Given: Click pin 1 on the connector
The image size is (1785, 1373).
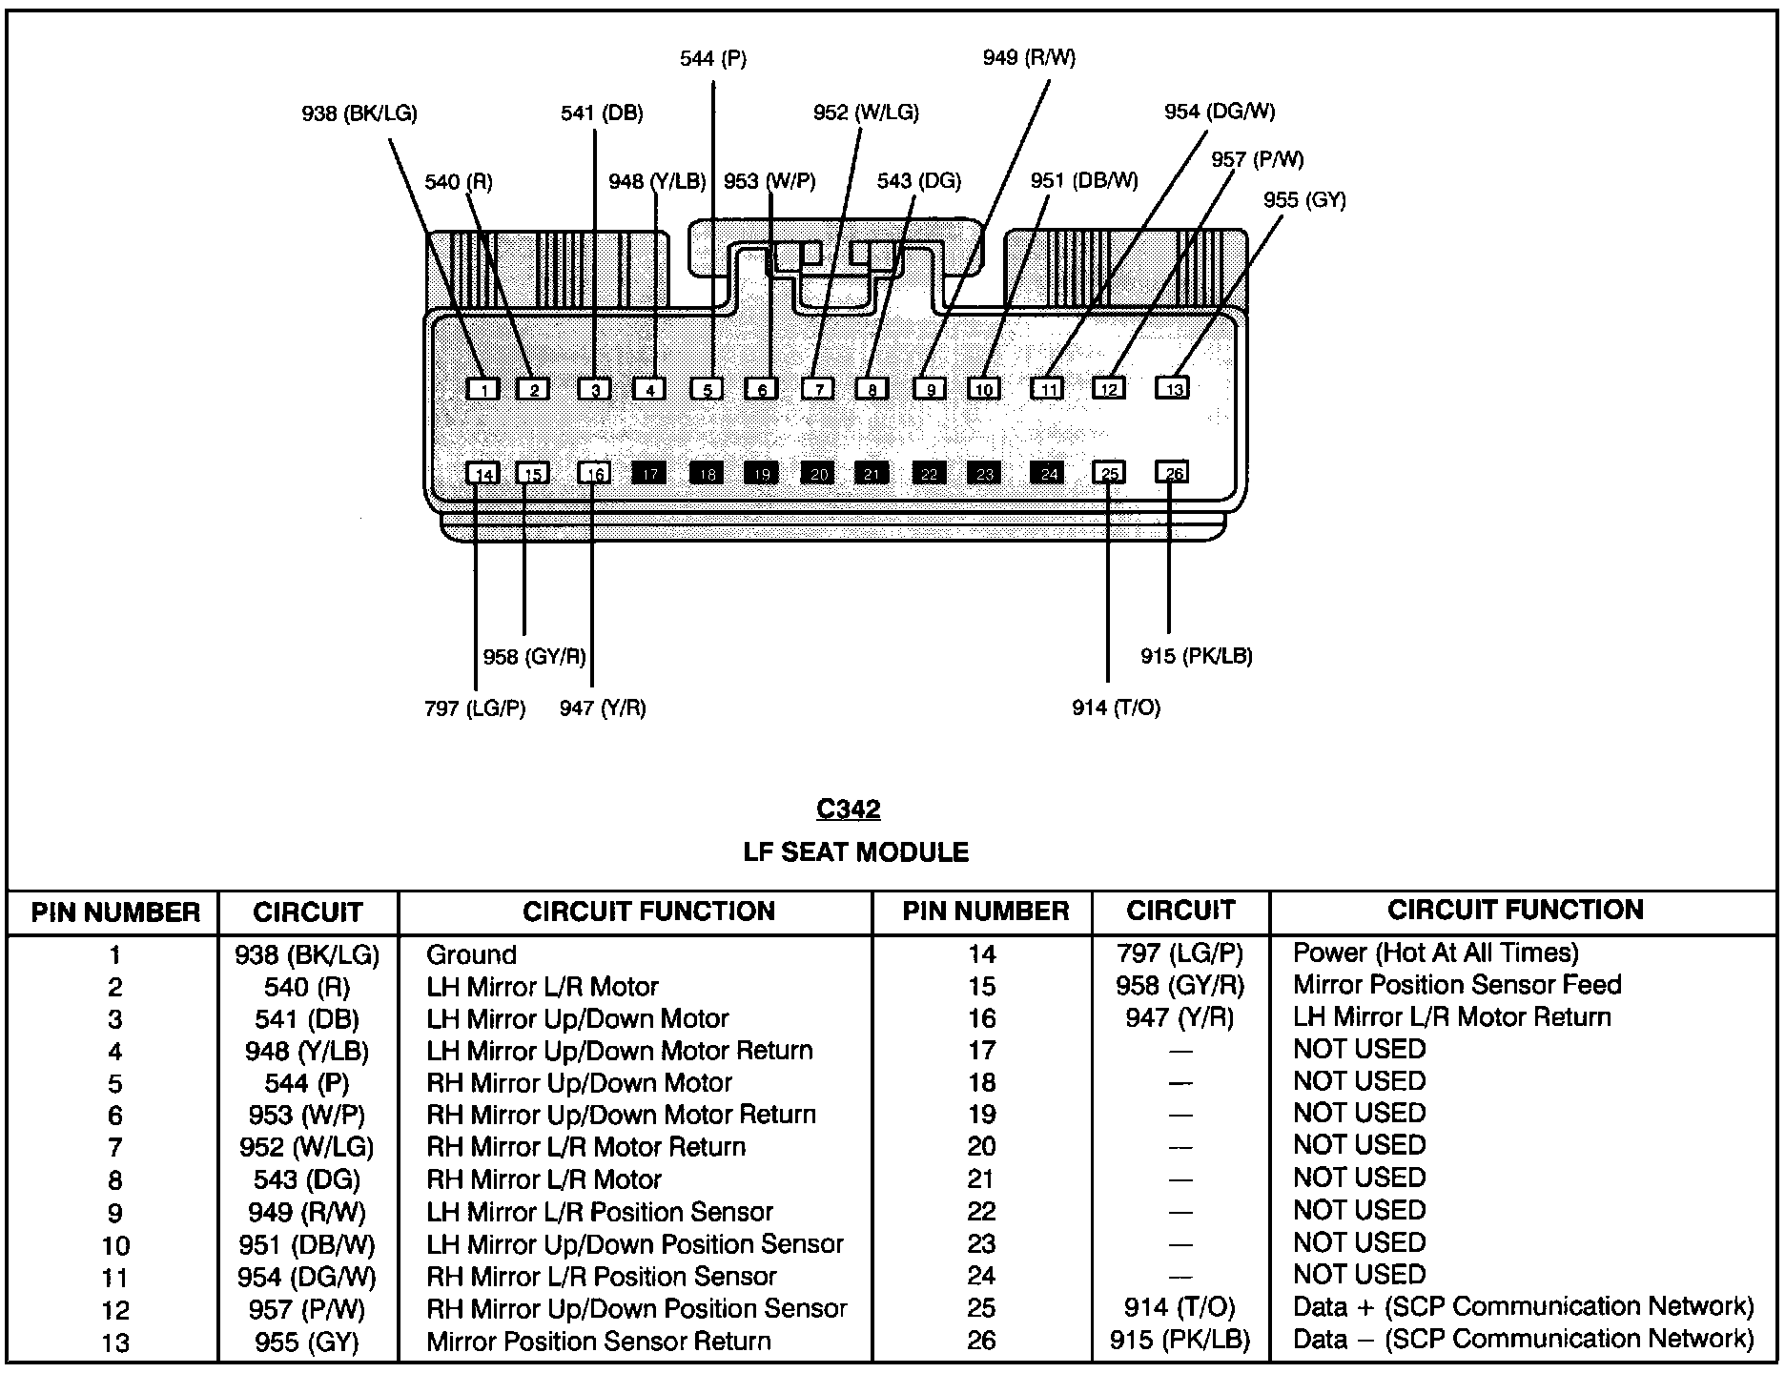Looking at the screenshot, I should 484,389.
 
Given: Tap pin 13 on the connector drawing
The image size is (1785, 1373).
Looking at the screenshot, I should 1173,388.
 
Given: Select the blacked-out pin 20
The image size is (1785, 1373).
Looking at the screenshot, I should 818,474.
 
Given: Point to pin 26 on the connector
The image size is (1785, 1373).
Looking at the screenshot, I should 1173,473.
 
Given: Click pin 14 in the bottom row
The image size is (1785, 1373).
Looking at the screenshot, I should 483,474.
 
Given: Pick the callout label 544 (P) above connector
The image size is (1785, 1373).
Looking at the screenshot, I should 712,59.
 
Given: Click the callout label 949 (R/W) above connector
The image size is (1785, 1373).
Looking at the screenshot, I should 1029,58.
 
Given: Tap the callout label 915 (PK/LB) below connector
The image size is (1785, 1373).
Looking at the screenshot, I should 1196,656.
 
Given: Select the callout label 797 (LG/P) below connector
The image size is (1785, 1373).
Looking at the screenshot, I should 475,708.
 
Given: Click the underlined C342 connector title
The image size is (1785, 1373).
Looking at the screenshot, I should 848,809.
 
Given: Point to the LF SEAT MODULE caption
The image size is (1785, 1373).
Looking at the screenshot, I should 855,852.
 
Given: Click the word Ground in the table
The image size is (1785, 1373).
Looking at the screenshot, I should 471,954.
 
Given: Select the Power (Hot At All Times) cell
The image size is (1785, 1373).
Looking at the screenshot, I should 1435,953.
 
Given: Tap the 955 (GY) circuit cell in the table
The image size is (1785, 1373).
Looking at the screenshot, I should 306,1342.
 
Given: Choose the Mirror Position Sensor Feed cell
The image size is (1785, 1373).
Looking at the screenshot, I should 1456,985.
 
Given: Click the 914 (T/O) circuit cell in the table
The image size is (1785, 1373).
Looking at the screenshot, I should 1180,1307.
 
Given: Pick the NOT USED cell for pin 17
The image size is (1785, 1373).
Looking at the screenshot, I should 1359,1050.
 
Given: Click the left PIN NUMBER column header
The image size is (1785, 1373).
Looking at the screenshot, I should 115,912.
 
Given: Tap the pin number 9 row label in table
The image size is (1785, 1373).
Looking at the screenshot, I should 114,1213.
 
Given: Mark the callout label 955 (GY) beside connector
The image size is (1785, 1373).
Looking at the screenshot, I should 1303,200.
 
